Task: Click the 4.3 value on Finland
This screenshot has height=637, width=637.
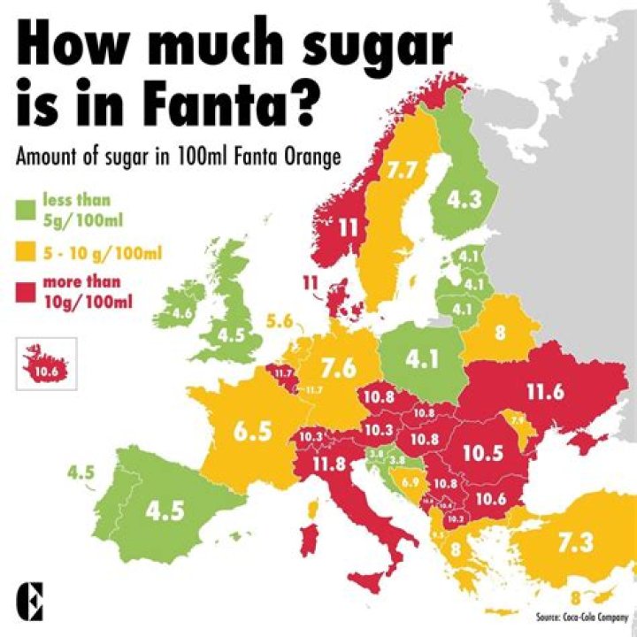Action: pos(464,200)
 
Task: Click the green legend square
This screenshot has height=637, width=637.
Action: pos(26,210)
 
